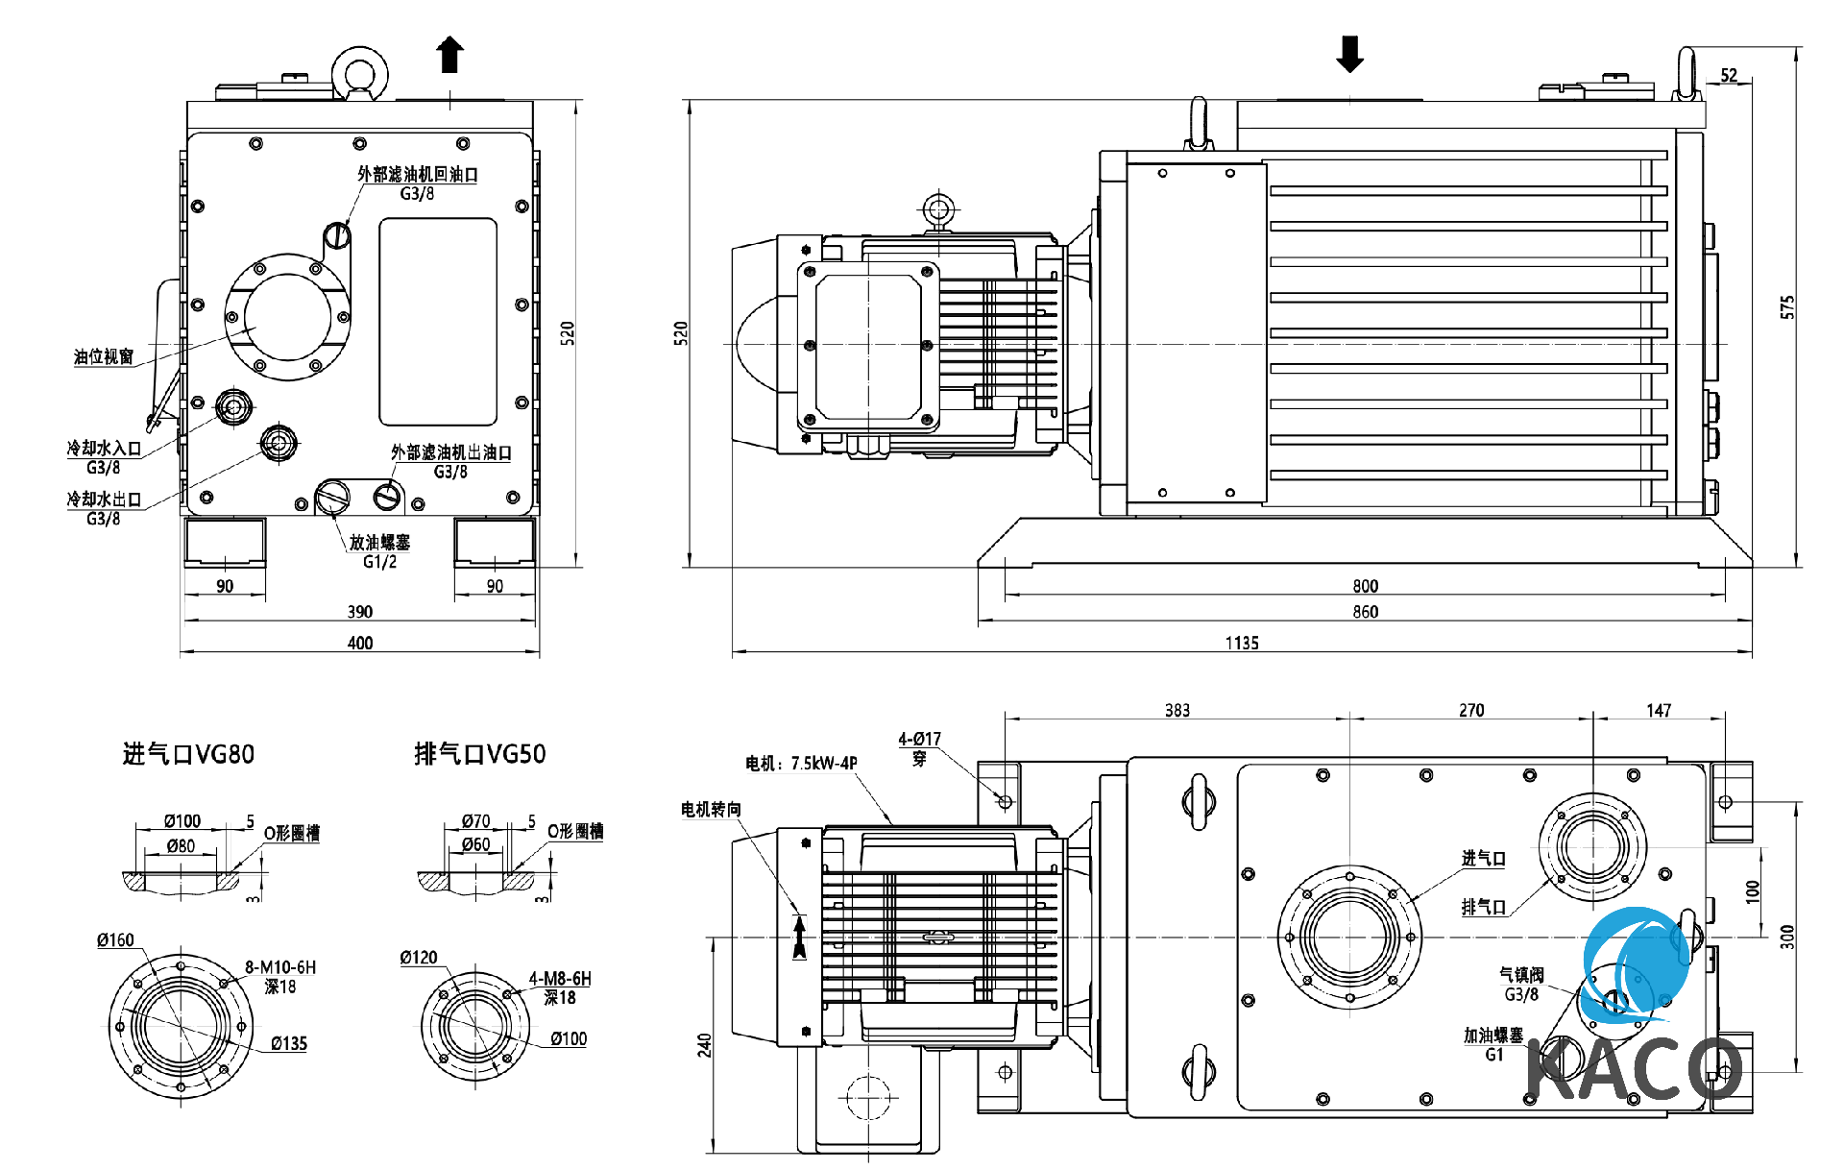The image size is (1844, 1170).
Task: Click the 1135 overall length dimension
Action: click(x=1241, y=643)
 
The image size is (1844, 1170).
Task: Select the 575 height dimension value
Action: click(x=1786, y=307)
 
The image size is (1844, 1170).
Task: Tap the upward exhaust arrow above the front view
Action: click(x=449, y=55)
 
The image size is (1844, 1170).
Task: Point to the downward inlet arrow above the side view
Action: click(x=1349, y=55)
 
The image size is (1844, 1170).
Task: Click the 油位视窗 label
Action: click(x=104, y=357)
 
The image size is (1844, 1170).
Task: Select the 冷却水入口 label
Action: click(x=104, y=449)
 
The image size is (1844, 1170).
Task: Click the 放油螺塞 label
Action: click(x=379, y=543)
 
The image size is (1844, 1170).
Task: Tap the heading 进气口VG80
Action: click(x=188, y=754)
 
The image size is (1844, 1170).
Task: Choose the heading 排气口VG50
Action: click(x=479, y=754)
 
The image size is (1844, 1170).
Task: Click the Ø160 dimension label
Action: click(x=115, y=940)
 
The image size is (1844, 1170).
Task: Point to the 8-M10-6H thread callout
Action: click(x=280, y=967)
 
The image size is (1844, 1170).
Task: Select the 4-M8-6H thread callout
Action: click(x=560, y=979)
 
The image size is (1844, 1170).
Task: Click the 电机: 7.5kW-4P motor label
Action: click(x=801, y=764)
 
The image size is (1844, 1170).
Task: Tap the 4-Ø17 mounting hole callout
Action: click(x=919, y=739)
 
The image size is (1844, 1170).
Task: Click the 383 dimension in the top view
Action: click(x=1177, y=711)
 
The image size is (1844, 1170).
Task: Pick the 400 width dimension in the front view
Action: click(x=360, y=643)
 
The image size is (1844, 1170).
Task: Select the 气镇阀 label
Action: click(x=1521, y=975)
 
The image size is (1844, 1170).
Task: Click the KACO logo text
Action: click(x=1633, y=1068)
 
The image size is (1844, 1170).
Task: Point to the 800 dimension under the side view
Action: click(x=1365, y=586)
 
